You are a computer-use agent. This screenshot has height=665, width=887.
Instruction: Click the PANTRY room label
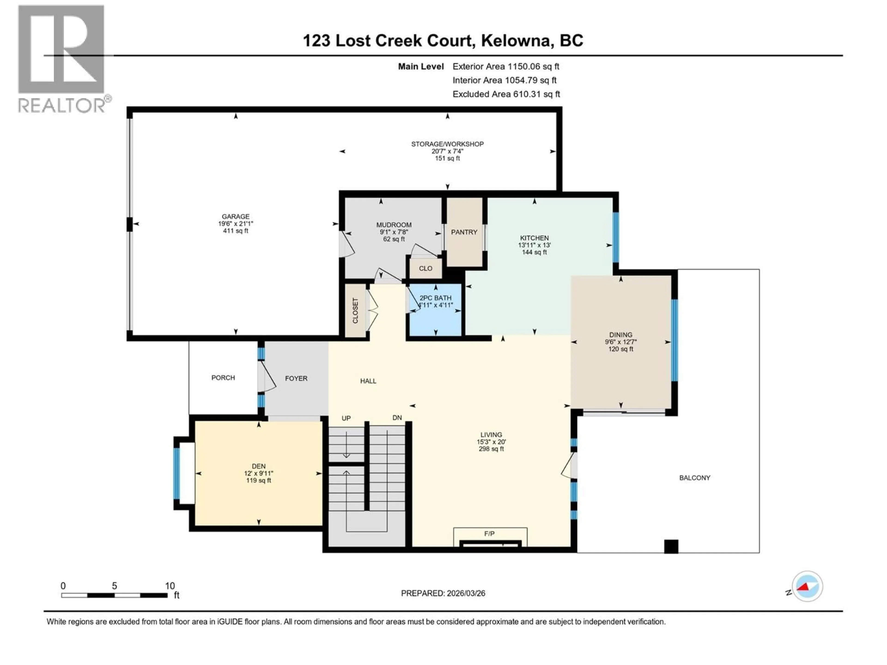464,232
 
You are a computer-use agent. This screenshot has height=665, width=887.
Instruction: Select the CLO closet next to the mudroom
425,268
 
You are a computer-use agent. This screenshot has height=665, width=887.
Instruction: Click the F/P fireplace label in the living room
489,534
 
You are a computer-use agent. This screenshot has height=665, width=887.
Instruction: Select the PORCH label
223,378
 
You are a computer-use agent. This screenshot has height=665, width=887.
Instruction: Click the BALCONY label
695,478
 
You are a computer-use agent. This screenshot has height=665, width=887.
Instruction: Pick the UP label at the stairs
346,418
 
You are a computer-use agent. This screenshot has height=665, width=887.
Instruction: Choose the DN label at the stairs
397,418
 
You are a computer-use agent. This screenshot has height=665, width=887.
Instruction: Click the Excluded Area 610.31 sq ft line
506,94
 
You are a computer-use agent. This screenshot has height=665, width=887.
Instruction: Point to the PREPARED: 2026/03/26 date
443,593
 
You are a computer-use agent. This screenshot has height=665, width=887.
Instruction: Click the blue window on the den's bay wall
176,473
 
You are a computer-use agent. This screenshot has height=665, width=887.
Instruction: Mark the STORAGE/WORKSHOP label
447,144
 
